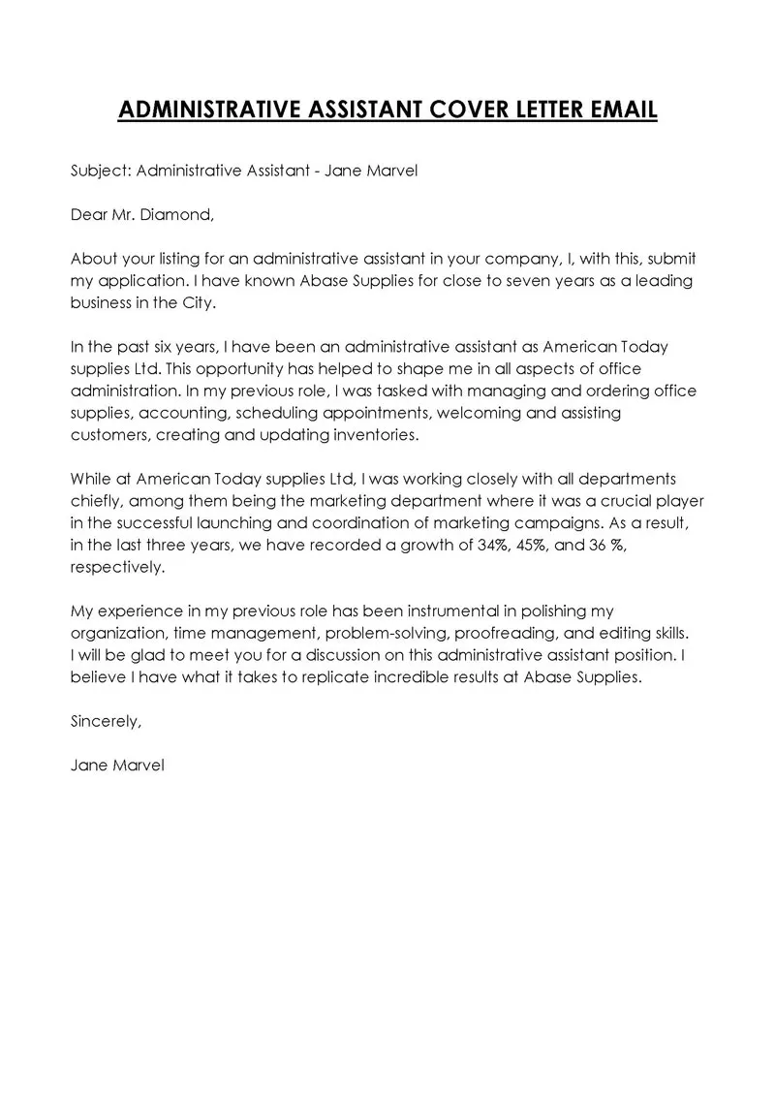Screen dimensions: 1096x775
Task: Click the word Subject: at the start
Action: (x=101, y=171)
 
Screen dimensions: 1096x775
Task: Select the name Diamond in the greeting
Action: (x=178, y=215)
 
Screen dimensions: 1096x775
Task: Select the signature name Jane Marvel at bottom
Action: (x=117, y=765)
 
